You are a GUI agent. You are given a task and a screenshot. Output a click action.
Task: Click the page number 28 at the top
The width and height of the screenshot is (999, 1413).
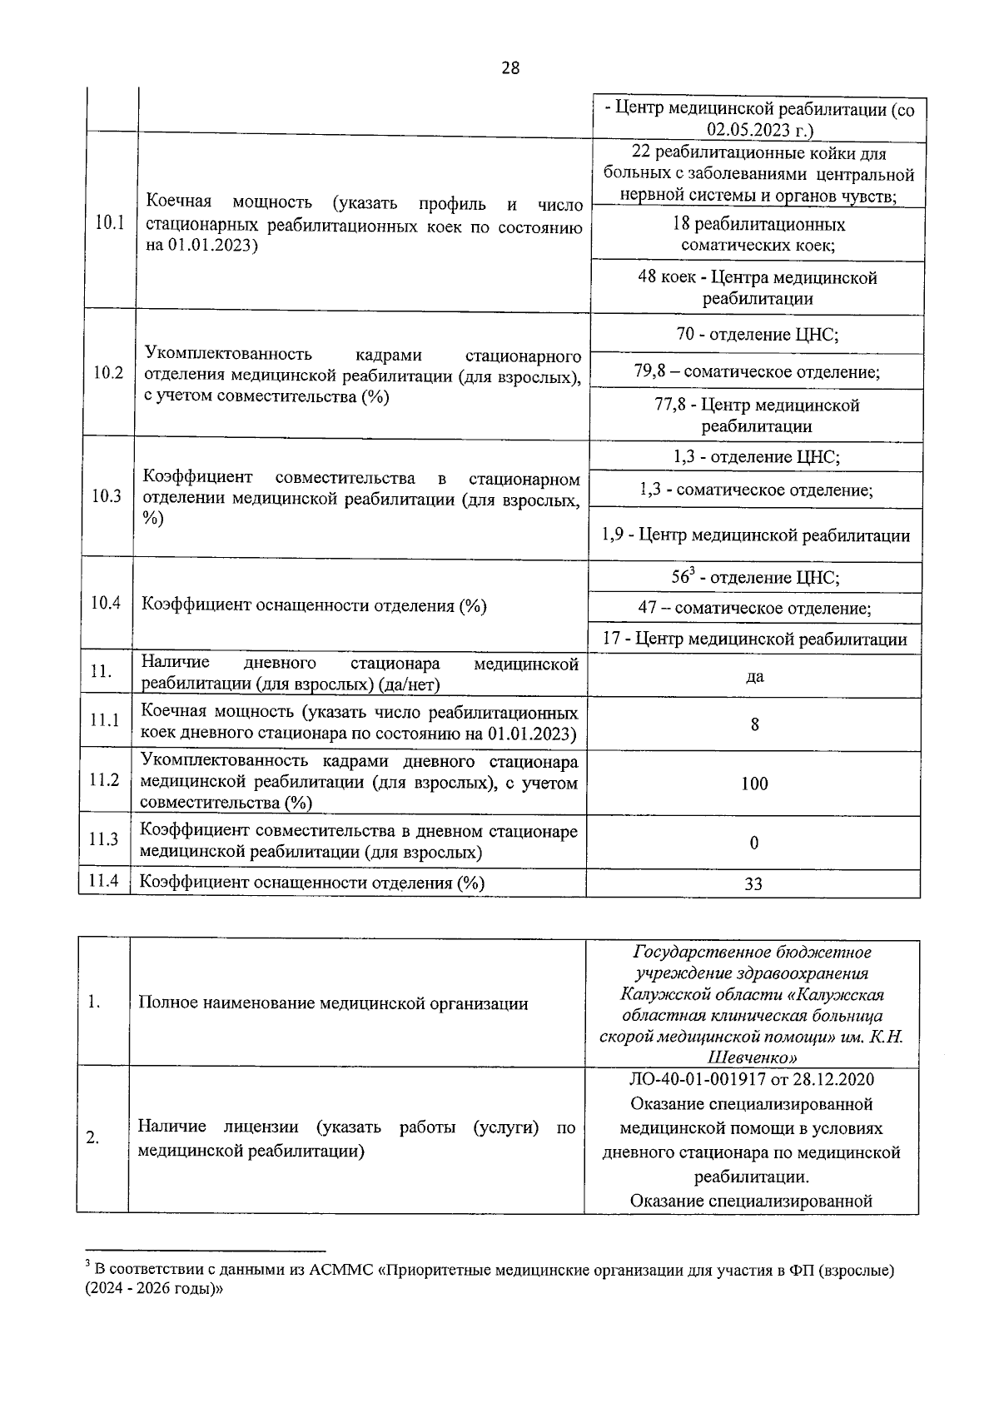[x=510, y=68]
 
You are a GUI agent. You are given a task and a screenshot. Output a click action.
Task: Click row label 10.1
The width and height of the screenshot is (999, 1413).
[x=109, y=222]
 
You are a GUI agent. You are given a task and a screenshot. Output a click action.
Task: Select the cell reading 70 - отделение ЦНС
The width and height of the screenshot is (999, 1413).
[x=757, y=335]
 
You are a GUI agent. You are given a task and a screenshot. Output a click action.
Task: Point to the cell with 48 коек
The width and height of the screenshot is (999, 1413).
[x=757, y=288]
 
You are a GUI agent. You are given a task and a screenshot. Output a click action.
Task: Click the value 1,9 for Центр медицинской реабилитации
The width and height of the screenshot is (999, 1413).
[x=613, y=535]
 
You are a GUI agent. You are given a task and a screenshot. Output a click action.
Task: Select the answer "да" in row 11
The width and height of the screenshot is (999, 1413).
[x=754, y=677]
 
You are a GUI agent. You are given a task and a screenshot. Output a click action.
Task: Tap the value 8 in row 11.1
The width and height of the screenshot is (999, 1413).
[x=754, y=724]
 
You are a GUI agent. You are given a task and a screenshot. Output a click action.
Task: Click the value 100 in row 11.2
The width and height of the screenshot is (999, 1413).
[x=754, y=784]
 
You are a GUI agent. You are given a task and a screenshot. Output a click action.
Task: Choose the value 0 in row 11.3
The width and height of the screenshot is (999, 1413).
[x=754, y=843]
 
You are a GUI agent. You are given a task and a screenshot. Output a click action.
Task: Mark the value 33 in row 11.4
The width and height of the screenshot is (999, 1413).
[x=753, y=883]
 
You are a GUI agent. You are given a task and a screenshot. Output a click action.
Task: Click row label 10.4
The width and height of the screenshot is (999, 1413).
[x=106, y=603]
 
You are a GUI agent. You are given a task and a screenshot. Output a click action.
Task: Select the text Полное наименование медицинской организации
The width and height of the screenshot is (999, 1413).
[x=333, y=1003]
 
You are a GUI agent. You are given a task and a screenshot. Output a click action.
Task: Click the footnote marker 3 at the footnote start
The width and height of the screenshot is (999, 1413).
[x=87, y=1266]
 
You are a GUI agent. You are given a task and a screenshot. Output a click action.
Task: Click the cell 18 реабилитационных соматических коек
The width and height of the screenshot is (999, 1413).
[x=758, y=235]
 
